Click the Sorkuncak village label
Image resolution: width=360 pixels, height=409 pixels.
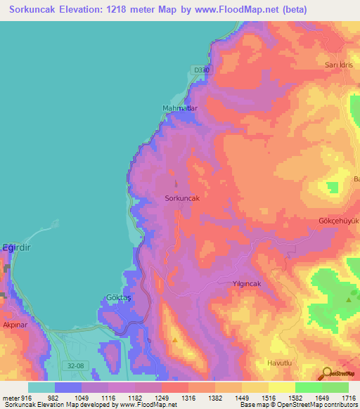point(182,199)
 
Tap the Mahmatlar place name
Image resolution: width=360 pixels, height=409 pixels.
point(180,108)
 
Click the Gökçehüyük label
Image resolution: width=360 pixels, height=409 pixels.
point(339,220)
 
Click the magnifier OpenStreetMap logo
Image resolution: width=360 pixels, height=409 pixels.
point(326,374)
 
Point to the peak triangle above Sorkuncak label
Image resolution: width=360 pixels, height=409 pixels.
point(176,186)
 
